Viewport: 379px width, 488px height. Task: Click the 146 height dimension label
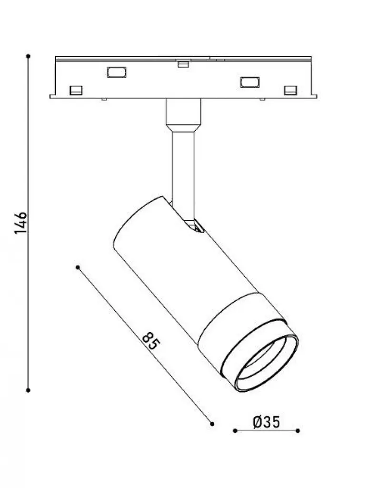pyautogui.click(x=21, y=223)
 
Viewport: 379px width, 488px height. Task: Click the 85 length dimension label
pyautogui.click(x=151, y=341)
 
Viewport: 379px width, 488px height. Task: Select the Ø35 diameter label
pyautogui.click(x=267, y=422)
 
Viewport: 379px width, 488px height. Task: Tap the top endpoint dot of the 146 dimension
pyautogui.click(x=28, y=56)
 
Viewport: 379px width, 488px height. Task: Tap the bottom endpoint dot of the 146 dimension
pyautogui.click(x=28, y=390)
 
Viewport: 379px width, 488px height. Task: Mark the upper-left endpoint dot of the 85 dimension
pyautogui.click(x=78, y=267)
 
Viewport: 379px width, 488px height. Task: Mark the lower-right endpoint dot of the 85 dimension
pyautogui.click(x=212, y=424)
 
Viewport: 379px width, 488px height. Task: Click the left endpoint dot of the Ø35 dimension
pyautogui.click(x=235, y=431)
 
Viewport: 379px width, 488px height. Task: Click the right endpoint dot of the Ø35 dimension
pyautogui.click(x=298, y=431)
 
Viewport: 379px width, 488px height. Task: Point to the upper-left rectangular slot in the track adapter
pyautogui.click(x=117, y=72)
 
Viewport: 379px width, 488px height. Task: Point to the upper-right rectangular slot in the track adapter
pyautogui.click(x=250, y=82)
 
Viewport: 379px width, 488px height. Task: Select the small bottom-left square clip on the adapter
pyautogui.click(x=76, y=90)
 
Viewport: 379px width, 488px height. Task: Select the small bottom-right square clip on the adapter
pyautogui.click(x=291, y=90)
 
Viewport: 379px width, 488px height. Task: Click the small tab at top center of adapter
pyautogui.click(x=183, y=64)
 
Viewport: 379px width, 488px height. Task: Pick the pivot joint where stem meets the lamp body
pyautogui.click(x=194, y=225)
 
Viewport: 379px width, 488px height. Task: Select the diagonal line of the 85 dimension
pyautogui.click(x=145, y=346)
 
